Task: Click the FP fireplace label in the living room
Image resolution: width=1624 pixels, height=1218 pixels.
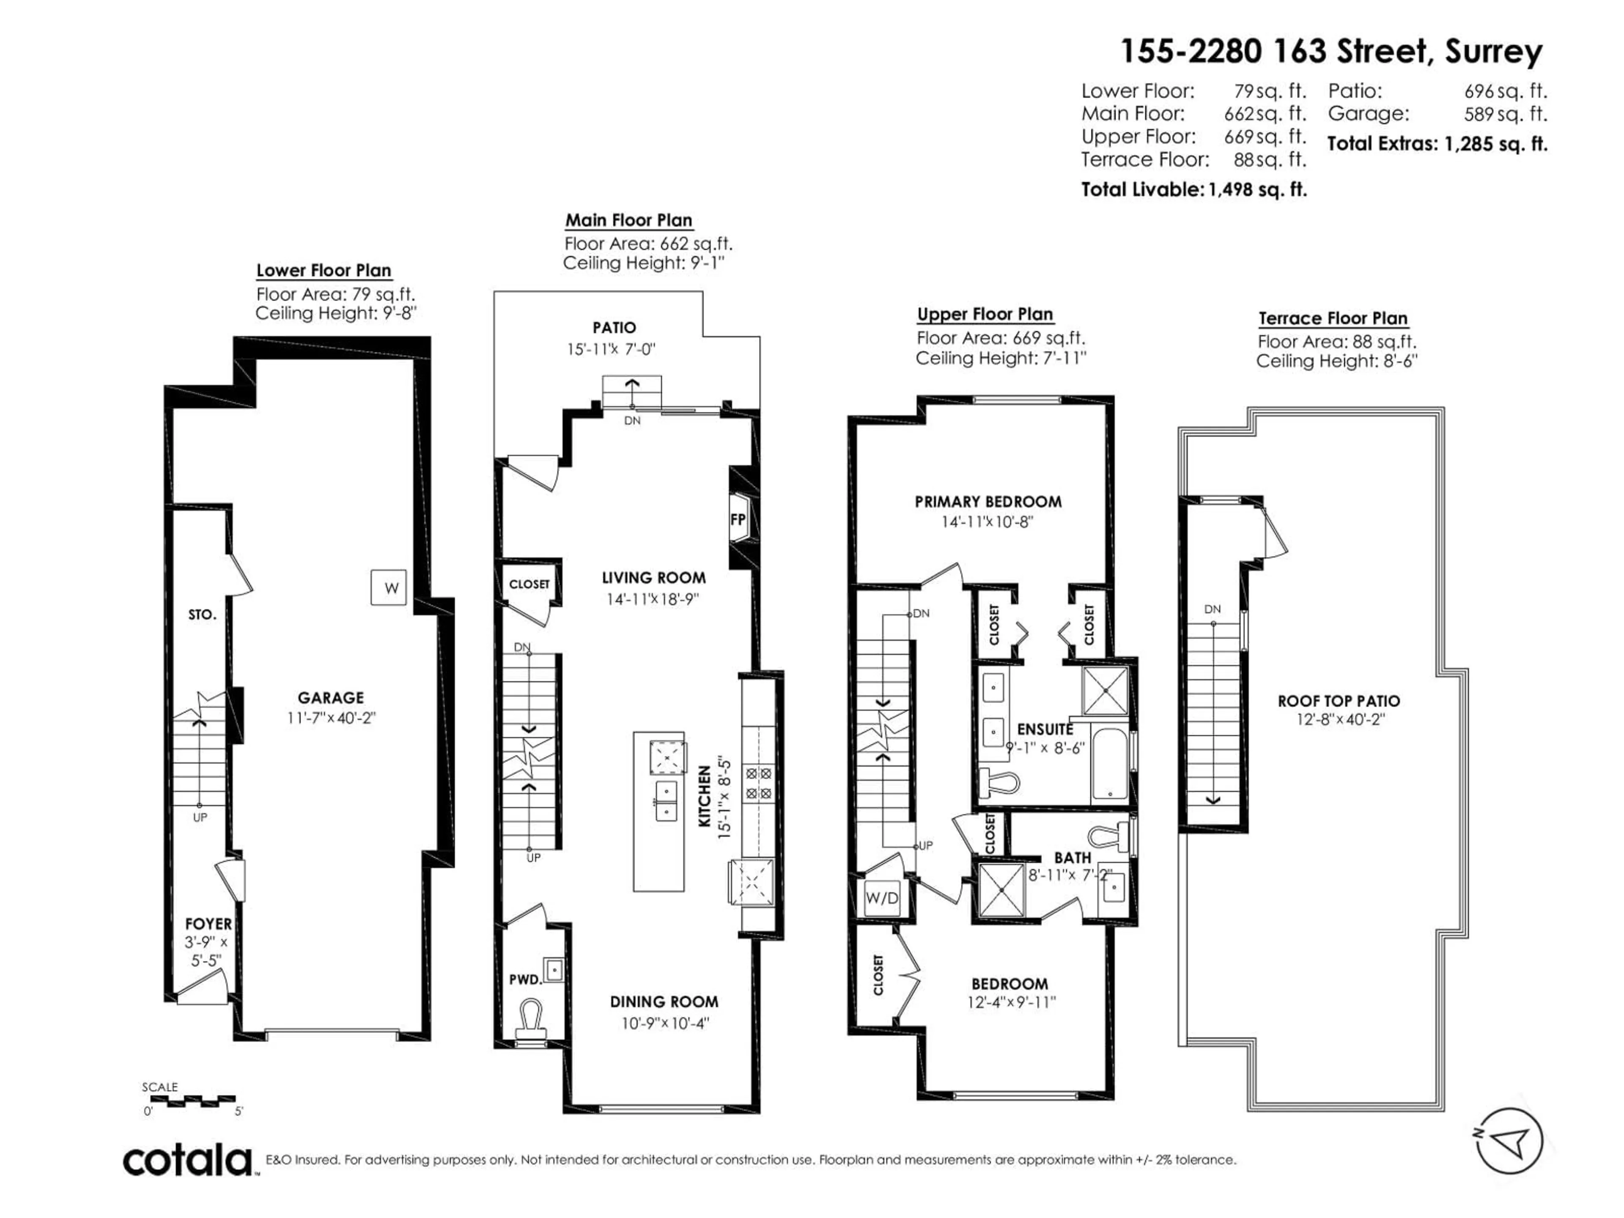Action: tap(738, 519)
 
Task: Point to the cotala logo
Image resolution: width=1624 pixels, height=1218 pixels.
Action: tap(188, 1161)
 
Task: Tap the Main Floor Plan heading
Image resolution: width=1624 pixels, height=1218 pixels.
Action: tap(628, 220)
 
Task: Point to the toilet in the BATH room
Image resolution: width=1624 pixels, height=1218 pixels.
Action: tap(1108, 836)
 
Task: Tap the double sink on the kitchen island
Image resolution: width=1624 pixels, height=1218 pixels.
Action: tap(667, 800)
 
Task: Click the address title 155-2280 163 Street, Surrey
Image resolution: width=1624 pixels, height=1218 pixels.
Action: tap(1330, 52)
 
